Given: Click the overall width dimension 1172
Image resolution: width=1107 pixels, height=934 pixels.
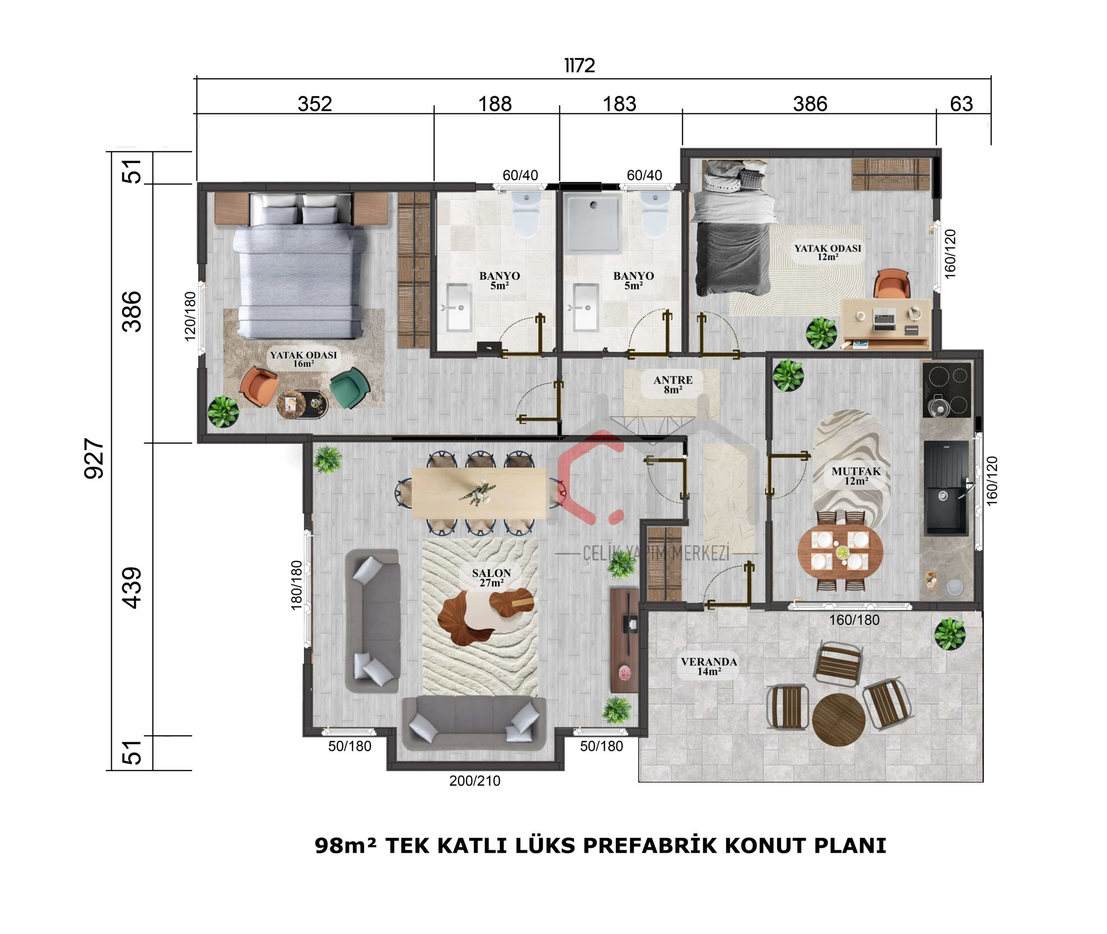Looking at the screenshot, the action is [x=580, y=66].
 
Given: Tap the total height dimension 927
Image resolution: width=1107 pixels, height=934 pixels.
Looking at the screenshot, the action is [x=94, y=458].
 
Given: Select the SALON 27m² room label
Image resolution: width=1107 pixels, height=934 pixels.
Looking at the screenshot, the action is [x=491, y=578].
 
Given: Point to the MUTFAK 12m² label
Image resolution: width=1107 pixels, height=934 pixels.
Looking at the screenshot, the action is [x=856, y=476].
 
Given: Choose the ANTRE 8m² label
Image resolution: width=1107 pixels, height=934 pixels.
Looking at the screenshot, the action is [x=673, y=385].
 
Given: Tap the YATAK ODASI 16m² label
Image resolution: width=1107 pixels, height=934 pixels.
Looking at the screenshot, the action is [x=304, y=359].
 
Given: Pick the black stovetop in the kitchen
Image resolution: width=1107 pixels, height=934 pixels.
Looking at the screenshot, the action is [x=947, y=390].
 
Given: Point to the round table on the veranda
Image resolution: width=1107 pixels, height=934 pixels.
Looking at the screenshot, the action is [x=838, y=720].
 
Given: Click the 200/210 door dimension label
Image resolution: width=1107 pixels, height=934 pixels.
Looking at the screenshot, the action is [x=475, y=781].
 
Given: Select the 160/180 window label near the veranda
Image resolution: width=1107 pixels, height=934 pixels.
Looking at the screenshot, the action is [x=854, y=620].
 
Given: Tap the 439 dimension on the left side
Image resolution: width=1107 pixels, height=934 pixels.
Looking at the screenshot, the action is [x=132, y=588].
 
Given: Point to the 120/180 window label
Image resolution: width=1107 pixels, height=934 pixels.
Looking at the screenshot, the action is [x=190, y=317].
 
